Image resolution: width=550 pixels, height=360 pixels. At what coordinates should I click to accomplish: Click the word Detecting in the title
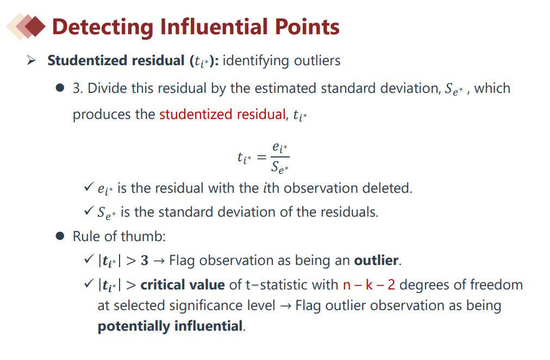[103, 27]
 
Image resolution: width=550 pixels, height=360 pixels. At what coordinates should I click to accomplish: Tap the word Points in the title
[307, 27]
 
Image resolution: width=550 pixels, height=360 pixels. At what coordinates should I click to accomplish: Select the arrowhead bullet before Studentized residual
[32, 60]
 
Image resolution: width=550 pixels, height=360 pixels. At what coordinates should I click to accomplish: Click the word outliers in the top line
[317, 60]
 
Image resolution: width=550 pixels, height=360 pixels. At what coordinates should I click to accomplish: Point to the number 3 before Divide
[77, 89]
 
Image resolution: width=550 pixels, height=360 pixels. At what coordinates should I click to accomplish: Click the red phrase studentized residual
[223, 114]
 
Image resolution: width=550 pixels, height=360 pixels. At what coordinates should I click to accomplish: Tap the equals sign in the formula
[261, 157]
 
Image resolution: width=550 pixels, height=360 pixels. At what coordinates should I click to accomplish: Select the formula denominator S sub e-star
[280, 167]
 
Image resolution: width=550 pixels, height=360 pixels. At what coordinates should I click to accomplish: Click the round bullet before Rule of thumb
[60, 236]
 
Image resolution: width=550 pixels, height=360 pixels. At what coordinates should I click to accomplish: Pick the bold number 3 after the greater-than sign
[145, 261]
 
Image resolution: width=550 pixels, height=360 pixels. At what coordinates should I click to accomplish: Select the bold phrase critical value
[183, 285]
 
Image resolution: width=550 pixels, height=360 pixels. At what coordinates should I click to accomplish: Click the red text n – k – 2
[369, 285]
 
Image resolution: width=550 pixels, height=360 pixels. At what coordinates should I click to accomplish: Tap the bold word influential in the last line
[208, 326]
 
